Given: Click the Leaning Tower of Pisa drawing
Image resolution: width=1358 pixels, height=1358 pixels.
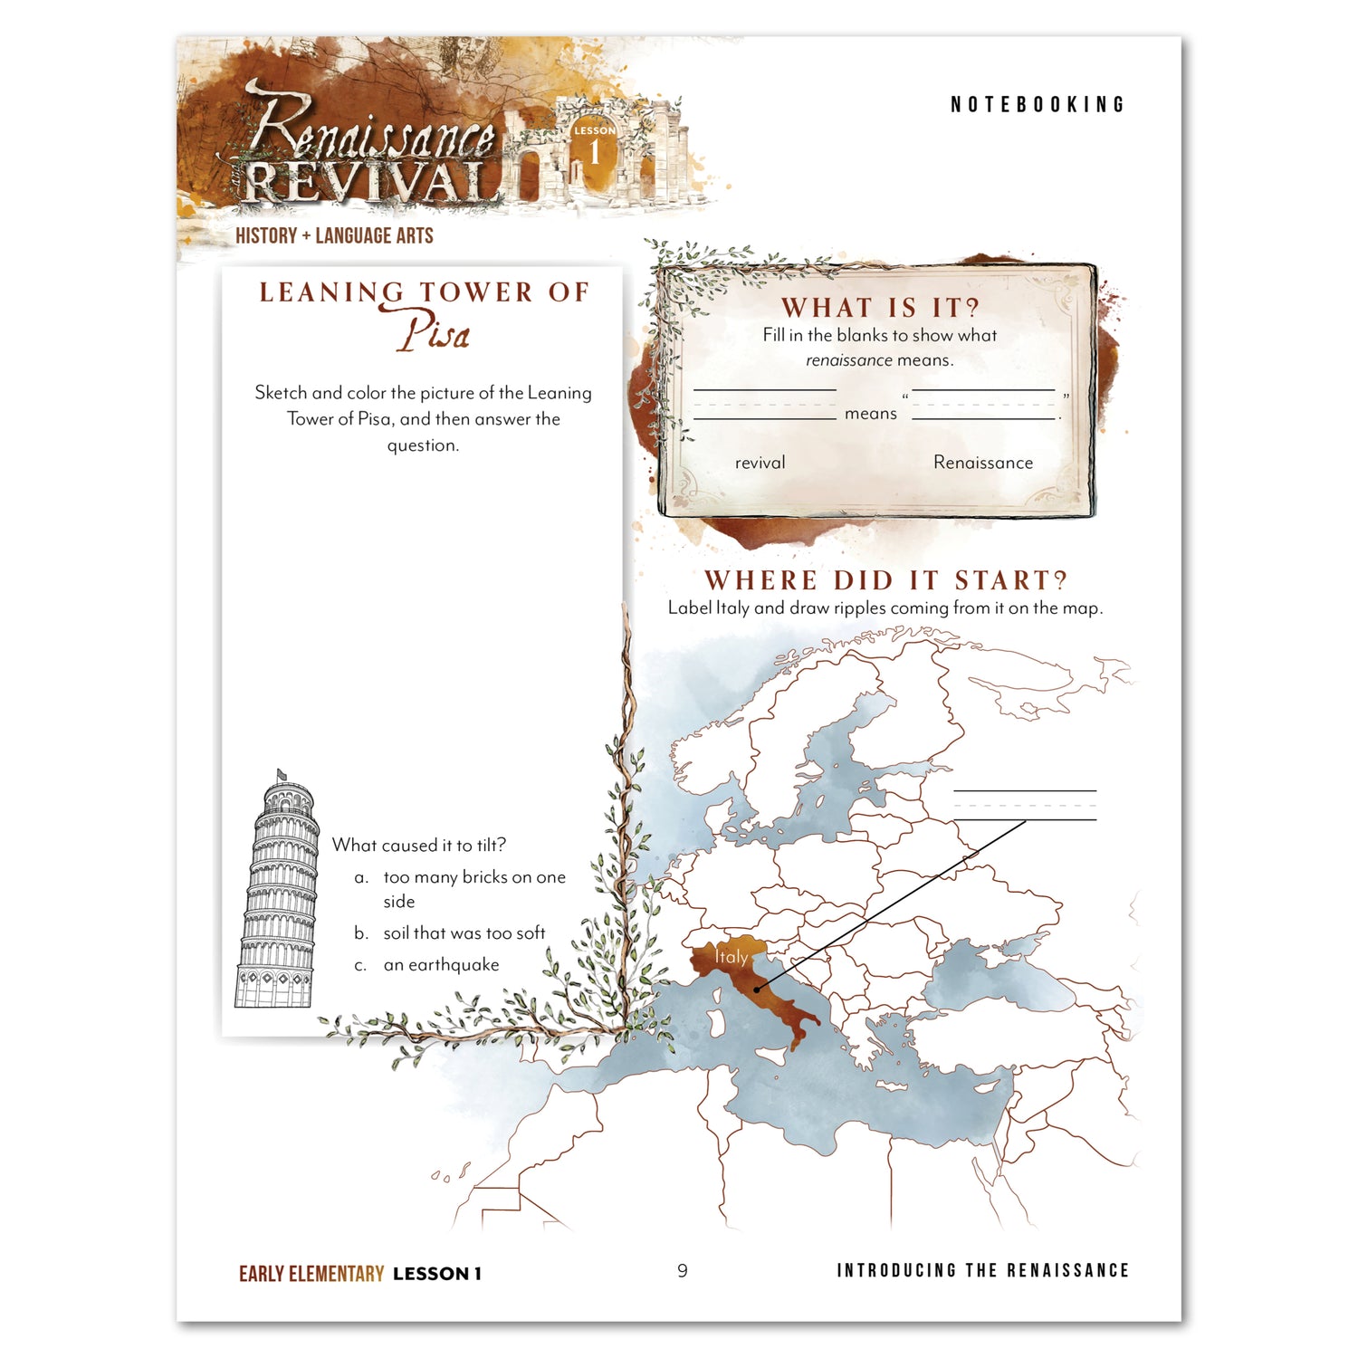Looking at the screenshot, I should pyautogui.click(x=278, y=896).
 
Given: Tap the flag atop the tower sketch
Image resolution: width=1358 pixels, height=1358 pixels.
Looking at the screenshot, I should pyautogui.click(x=281, y=775).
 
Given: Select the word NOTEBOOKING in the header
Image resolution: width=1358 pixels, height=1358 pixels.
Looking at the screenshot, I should pyautogui.click(x=1037, y=105).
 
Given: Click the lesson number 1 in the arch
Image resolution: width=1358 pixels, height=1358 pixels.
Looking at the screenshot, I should pyautogui.click(x=594, y=153).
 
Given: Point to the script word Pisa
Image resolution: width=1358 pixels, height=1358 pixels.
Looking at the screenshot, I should pyautogui.click(x=435, y=333).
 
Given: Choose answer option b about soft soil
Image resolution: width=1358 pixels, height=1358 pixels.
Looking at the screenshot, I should pyautogui.click(x=464, y=933).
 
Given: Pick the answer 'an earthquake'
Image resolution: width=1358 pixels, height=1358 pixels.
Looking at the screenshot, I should pyautogui.click(x=441, y=965).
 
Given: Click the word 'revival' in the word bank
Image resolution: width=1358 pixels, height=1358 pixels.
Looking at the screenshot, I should pyautogui.click(x=760, y=463).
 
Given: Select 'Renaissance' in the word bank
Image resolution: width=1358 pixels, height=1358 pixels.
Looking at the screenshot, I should pyautogui.click(x=982, y=463).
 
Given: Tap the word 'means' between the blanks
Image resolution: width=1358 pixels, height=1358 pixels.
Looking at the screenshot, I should pyautogui.click(x=870, y=414).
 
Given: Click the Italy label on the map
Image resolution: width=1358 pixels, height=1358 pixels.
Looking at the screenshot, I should pyautogui.click(x=732, y=957).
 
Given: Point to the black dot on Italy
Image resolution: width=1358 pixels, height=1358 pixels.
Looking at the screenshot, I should pyautogui.click(x=757, y=990).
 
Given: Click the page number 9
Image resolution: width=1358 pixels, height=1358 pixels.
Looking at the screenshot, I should pyautogui.click(x=683, y=1271).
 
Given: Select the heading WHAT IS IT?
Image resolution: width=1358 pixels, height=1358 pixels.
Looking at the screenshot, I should pyautogui.click(x=880, y=308).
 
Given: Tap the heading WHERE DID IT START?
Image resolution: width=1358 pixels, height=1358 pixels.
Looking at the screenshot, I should pyautogui.click(x=885, y=580).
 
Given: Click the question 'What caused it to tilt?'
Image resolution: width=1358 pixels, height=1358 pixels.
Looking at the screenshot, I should pyautogui.click(x=418, y=846).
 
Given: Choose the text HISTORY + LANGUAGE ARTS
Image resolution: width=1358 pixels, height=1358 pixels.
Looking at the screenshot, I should pyautogui.click(x=334, y=236).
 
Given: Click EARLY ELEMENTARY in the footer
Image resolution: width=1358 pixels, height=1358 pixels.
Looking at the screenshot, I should pyautogui.click(x=311, y=1274).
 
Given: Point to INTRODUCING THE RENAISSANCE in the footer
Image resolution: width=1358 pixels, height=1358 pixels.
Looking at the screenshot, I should pyautogui.click(x=982, y=1271).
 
